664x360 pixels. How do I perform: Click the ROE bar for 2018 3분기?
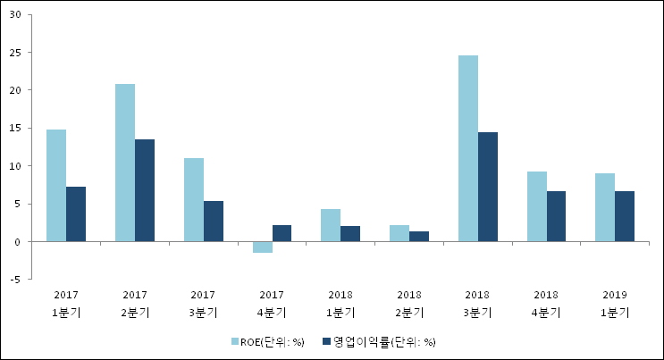tap(468, 148)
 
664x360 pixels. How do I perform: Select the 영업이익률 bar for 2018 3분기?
tap(488, 187)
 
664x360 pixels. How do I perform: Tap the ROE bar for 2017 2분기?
tap(125, 163)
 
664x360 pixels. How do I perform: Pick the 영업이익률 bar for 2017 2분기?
tap(145, 190)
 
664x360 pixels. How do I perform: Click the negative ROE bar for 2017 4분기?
tap(262, 247)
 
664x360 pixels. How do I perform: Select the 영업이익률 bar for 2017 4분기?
tap(282, 233)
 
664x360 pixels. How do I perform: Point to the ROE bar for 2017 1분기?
tap(56, 186)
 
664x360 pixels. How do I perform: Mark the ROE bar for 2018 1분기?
tap(331, 225)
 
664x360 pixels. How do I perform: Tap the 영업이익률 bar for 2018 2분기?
tap(419, 237)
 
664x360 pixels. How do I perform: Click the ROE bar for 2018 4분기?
tap(537, 206)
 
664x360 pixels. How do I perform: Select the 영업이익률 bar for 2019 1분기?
tap(625, 216)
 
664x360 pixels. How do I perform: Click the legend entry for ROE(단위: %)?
tap(268, 341)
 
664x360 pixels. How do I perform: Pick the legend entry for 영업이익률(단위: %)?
tap(380, 341)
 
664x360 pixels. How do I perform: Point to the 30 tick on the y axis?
tap(18, 14)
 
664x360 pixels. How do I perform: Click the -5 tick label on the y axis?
tap(17, 280)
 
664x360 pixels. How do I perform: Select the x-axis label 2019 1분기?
tap(615, 303)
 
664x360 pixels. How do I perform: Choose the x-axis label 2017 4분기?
tap(272, 303)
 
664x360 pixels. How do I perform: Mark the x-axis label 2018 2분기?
tap(409, 303)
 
